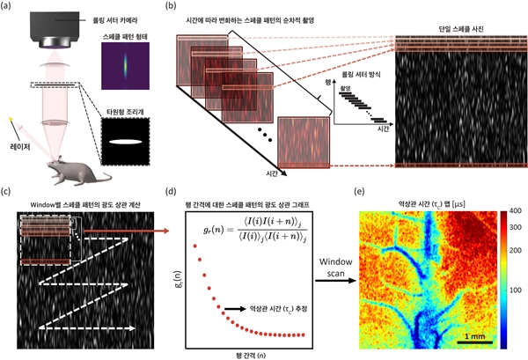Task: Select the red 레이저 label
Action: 22,140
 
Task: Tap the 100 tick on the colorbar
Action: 517,288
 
